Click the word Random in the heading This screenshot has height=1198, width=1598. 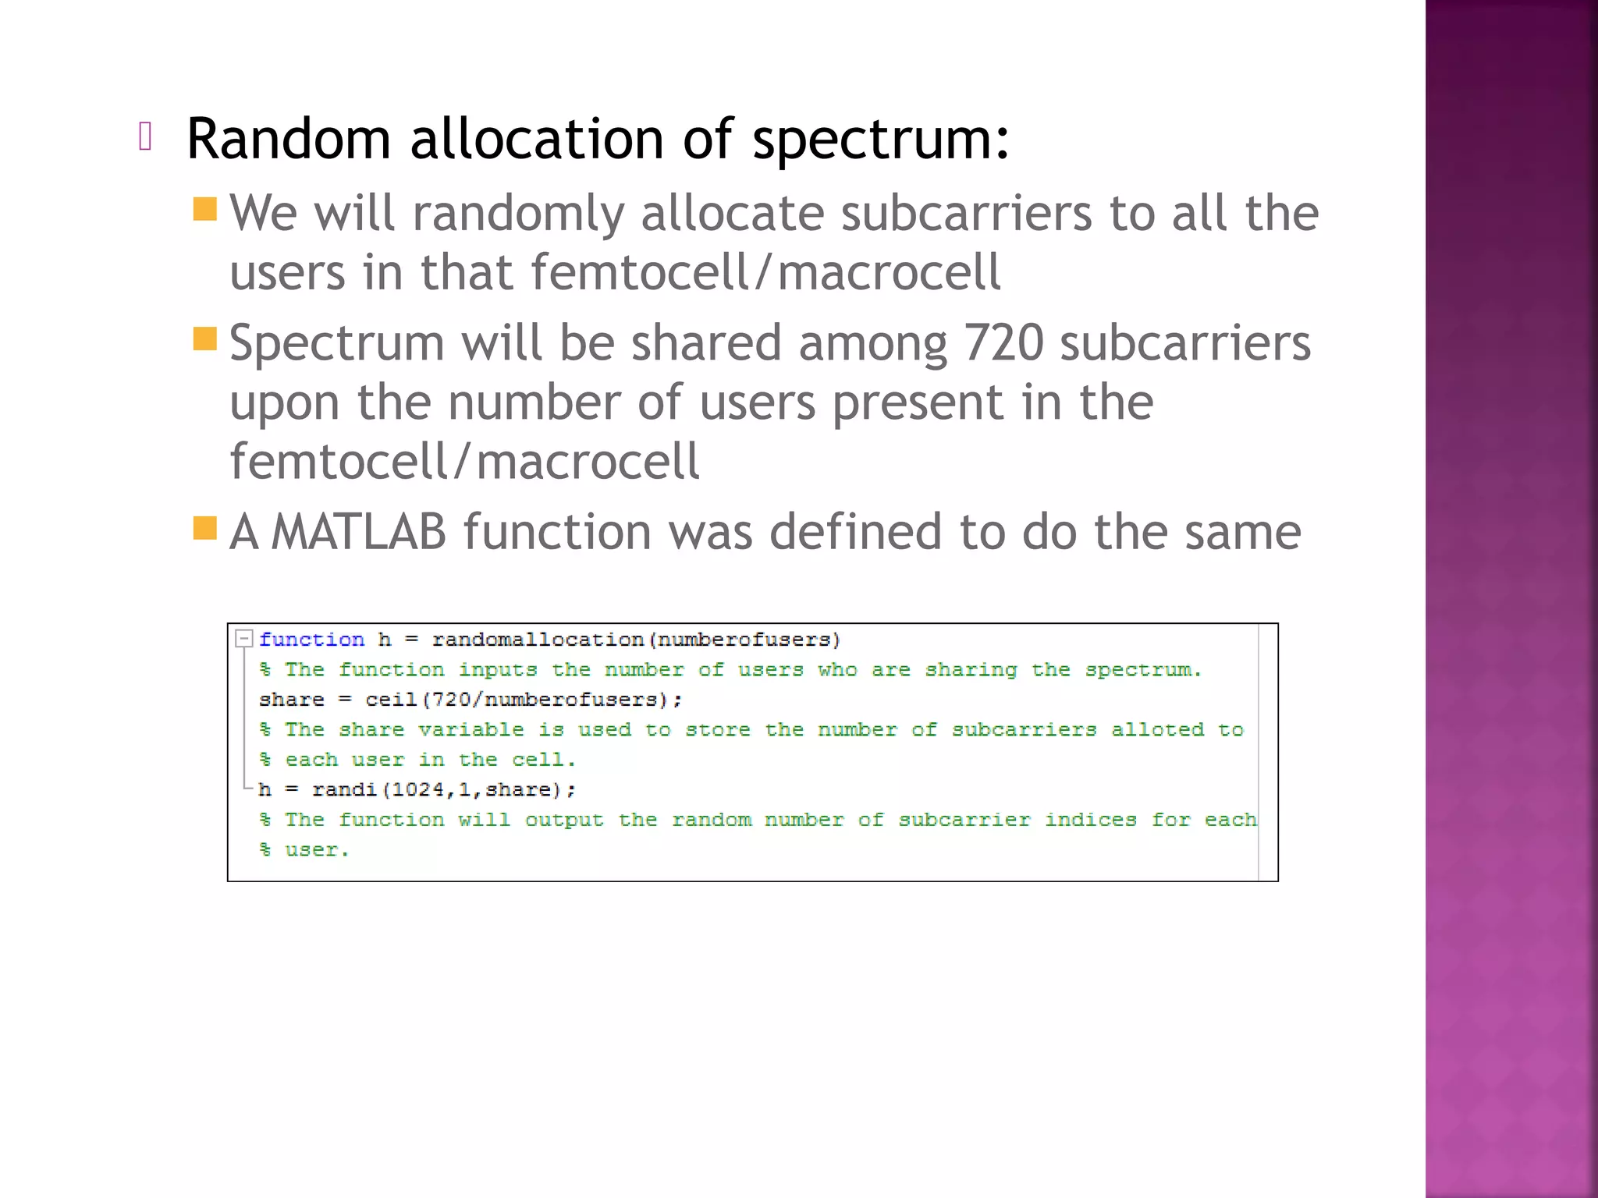[x=288, y=140]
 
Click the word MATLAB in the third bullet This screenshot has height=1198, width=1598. [x=358, y=532]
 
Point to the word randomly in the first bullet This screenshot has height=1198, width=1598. [x=518, y=214]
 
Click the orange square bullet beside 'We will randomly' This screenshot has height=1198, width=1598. [x=204, y=209]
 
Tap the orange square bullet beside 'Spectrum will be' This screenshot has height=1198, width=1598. [x=204, y=338]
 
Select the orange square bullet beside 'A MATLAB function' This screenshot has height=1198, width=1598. [x=204, y=528]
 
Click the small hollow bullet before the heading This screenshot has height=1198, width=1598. [x=144, y=136]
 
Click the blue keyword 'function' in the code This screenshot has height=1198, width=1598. [x=311, y=640]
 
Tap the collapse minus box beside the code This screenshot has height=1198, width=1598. [x=244, y=639]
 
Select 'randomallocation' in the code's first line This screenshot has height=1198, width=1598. [x=538, y=640]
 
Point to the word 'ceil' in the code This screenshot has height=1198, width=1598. [x=391, y=700]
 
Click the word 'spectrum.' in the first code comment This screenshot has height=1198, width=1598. [x=1143, y=670]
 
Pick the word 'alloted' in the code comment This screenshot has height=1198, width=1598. [x=1157, y=730]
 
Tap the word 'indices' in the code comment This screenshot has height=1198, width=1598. [x=1090, y=820]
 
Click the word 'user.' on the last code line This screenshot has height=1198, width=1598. [x=317, y=850]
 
